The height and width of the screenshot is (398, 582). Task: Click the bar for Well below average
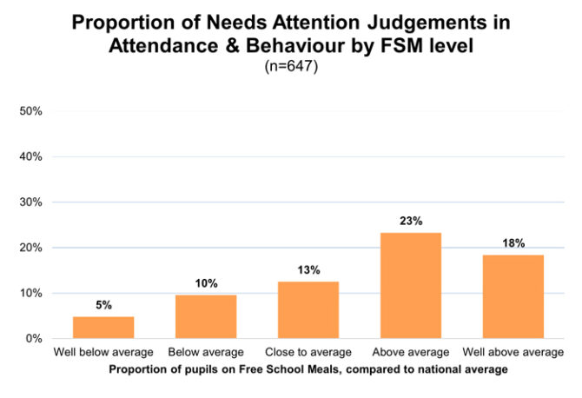103,328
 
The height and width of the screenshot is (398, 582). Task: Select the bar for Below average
206,316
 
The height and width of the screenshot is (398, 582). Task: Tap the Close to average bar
308,309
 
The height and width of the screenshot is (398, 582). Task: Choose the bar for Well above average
513,296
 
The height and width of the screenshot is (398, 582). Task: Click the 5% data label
103,305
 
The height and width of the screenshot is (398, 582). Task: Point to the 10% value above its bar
206,283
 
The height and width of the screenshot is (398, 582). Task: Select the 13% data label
308,269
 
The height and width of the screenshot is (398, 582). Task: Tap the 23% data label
411,222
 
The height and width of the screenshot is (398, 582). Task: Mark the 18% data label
513,243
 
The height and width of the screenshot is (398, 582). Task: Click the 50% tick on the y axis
32,112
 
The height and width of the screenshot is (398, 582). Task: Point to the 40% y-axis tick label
32,157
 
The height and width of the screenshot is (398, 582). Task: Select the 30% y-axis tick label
32,202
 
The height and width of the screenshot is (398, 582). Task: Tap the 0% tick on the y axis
35,339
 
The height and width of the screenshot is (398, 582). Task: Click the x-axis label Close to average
308,352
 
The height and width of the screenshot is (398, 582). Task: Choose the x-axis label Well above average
513,352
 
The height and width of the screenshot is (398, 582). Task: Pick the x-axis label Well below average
103,352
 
